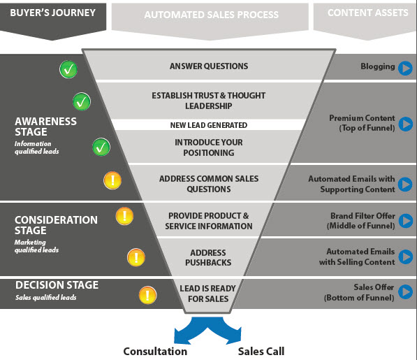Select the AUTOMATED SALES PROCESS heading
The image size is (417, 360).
(211, 15)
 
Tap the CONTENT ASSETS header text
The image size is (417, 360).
(363, 13)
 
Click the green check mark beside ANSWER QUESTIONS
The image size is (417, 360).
(68, 69)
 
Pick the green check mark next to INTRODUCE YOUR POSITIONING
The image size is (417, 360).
(101, 147)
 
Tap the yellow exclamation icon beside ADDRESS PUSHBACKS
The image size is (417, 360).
(136, 257)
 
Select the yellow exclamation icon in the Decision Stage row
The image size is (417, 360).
(147, 295)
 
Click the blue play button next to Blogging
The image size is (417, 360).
(405, 68)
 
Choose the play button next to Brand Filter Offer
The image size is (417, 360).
(405, 222)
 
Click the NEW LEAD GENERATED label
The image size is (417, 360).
(209, 125)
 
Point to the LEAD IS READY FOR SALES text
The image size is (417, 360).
(208, 294)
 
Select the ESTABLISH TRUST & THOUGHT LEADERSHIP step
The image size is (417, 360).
(209, 101)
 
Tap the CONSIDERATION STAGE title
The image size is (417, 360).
(56, 225)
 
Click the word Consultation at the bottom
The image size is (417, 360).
(155, 351)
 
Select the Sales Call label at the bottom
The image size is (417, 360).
(261, 351)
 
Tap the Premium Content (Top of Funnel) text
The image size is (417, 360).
(362, 123)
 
